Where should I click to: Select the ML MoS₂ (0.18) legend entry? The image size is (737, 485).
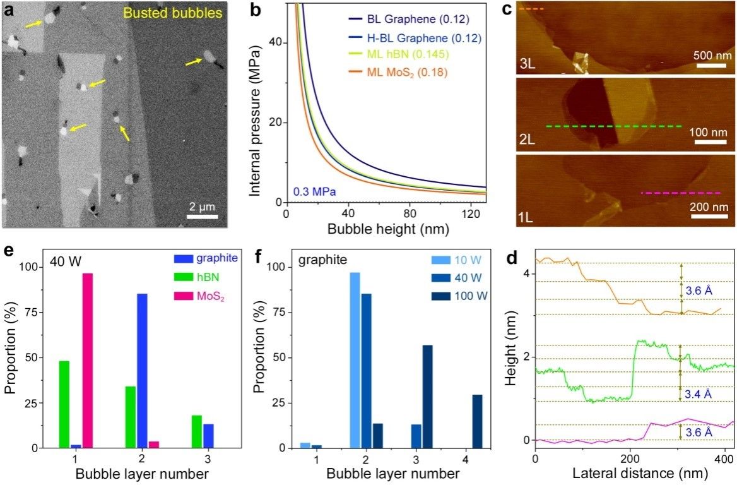pyautogui.click(x=408, y=73)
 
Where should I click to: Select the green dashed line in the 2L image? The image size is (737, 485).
pyautogui.click(x=613, y=126)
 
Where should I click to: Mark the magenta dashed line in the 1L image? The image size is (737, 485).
pyautogui.click(x=680, y=193)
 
